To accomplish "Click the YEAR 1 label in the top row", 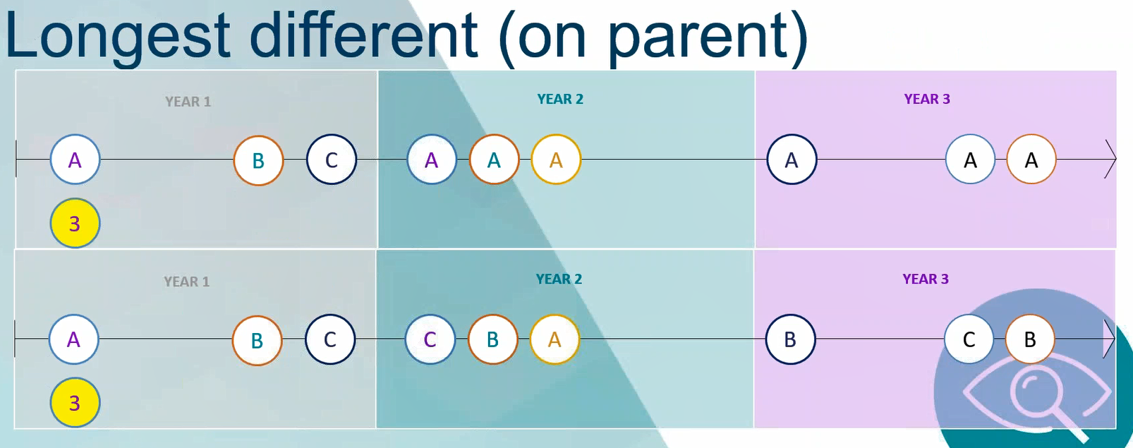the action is click(x=188, y=102).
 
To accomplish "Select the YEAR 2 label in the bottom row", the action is click(x=559, y=279).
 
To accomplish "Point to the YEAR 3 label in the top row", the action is click(x=927, y=99).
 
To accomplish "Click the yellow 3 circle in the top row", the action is click(x=75, y=223).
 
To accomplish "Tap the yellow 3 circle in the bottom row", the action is click(x=75, y=402).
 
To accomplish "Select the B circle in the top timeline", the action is click(x=258, y=160).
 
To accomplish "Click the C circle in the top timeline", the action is click(x=332, y=159).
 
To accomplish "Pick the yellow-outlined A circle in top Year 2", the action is click(x=556, y=159).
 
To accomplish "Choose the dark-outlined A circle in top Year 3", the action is click(x=792, y=159).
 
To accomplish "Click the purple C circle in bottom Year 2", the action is click(x=430, y=339).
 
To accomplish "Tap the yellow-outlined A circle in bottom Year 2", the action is click(x=555, y=339).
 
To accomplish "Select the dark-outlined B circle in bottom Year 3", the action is click(x=790, y=339).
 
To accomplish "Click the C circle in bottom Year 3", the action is click(x=969, y=339).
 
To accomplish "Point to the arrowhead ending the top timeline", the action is click(x=1115, y=159).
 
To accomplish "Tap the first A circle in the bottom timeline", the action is click(x=74, y=339).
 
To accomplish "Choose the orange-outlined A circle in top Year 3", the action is click(x=1031, y=159).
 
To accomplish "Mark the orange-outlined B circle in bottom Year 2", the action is click(x=492, y=339).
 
